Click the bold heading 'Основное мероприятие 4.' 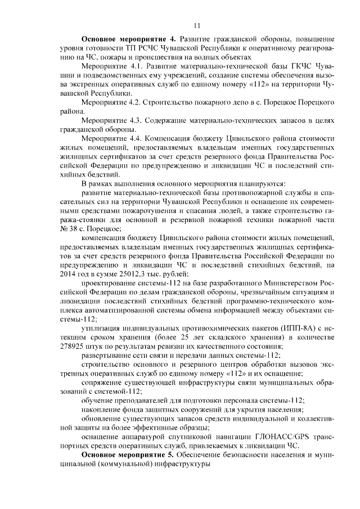pos(129,39)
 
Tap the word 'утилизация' pos(102,327)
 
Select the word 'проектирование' pos(110,282)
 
